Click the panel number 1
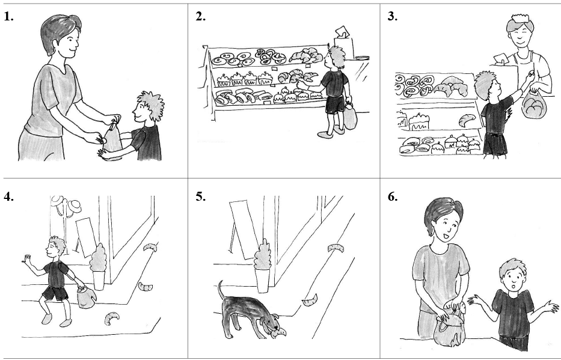(8, 17)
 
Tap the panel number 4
(8, 196)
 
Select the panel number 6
(393, 196)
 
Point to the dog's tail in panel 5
(221, 287)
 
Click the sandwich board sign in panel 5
(241, 228)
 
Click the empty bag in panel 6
(448, 331)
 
